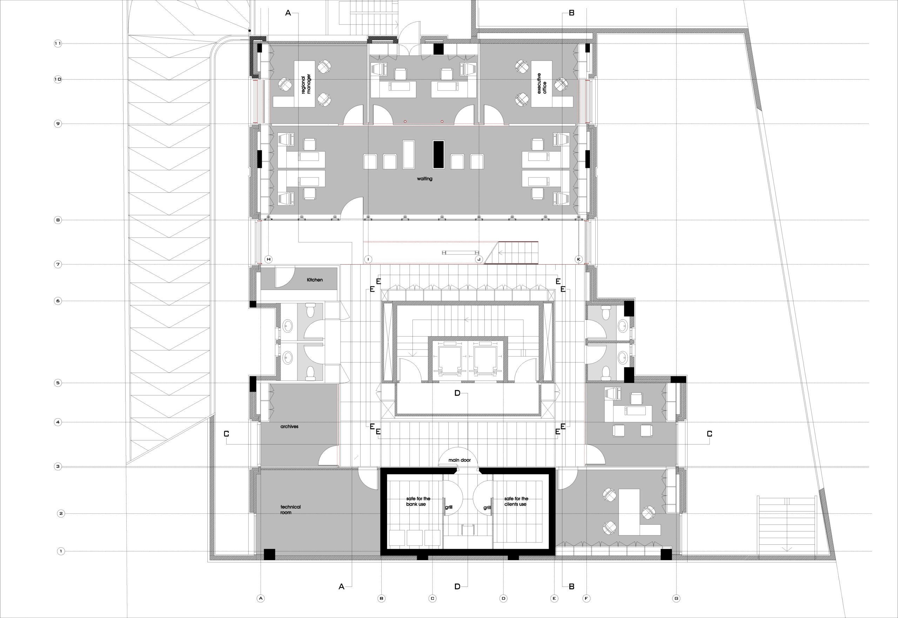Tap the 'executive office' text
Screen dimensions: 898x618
(x=542, y=84)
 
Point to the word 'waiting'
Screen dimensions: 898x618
(x=424, y=179)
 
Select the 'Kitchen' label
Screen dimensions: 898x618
(x=315, y=280)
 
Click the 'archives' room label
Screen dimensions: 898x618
(x=289, y=426)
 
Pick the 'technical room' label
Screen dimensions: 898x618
(x=290, y=510)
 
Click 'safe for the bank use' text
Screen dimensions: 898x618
(x=418, y=502)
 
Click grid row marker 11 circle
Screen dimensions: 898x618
(x=58, y=44)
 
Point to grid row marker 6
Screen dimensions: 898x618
(x=58, y=301)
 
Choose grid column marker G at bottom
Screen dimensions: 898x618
(x=676, y=598)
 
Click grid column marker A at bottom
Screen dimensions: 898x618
(x=261, y=598)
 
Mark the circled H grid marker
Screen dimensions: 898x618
(x=268, y=259)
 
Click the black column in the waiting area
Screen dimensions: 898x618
(x=438, y=155)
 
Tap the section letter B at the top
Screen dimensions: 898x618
(x=572, y=13)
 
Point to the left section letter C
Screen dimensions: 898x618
(x=227, y=434)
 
